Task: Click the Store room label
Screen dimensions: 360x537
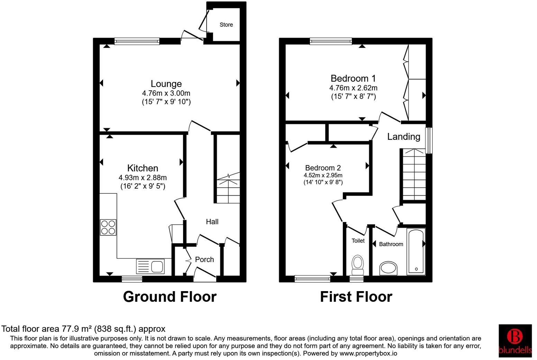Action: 226,25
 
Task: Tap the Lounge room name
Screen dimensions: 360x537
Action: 166,84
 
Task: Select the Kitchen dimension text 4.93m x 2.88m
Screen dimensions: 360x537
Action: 143,178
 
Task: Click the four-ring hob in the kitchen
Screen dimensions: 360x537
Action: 108,227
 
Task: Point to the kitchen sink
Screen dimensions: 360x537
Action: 151,267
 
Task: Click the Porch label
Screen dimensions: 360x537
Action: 204,259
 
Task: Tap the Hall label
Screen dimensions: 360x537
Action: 212,222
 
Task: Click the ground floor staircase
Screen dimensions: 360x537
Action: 228,189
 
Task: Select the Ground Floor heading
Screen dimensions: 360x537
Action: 170,297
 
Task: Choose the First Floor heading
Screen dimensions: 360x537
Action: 356,297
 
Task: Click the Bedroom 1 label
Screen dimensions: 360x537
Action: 353,78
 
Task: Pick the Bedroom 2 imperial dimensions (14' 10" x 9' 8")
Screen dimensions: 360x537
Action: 323,182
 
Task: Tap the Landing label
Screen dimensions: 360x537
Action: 403,136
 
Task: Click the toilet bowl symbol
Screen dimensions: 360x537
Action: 357,263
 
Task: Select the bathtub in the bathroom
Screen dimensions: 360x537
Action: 416,252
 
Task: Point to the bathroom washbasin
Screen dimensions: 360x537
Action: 389,268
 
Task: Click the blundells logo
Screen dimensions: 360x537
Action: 515,341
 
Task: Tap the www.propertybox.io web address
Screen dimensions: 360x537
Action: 368,353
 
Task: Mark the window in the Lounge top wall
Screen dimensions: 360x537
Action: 137,41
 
